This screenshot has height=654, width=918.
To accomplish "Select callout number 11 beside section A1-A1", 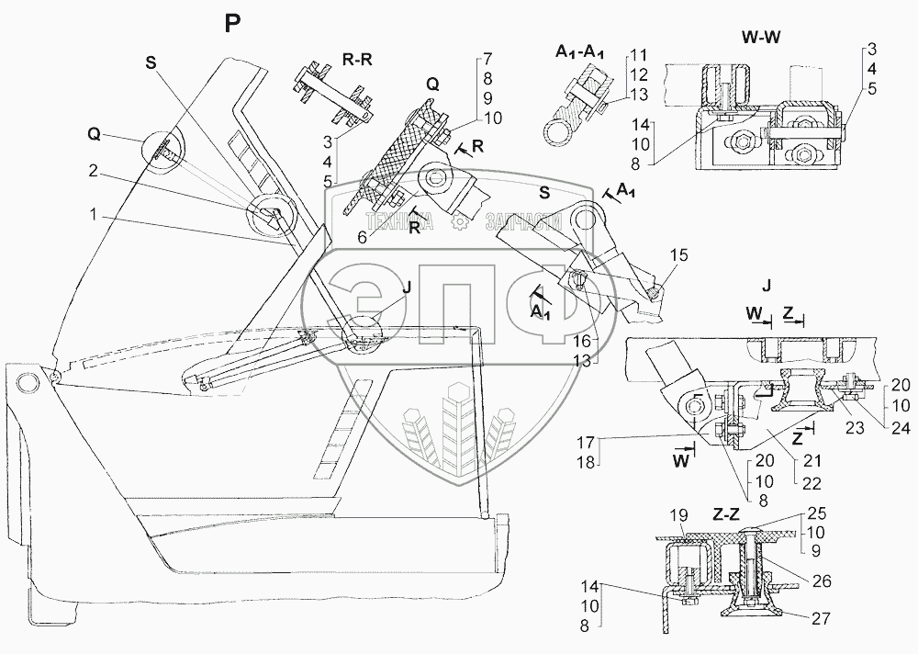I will click(638, 56).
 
